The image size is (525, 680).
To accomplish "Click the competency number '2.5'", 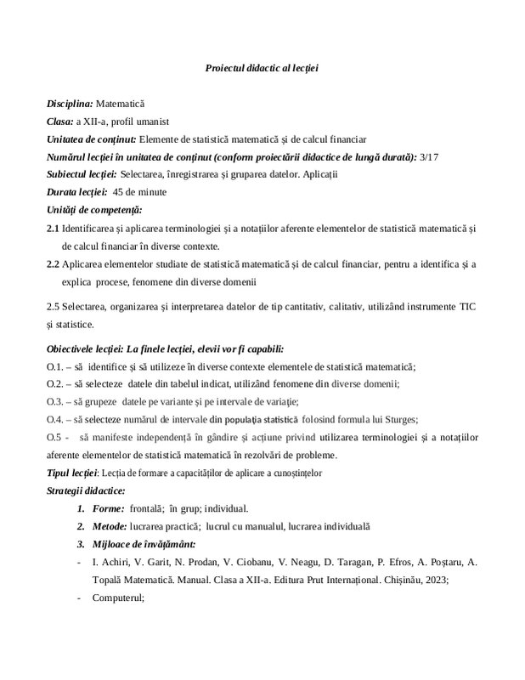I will point(54,305).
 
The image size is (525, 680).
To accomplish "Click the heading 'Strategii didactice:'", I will point(85,490).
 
